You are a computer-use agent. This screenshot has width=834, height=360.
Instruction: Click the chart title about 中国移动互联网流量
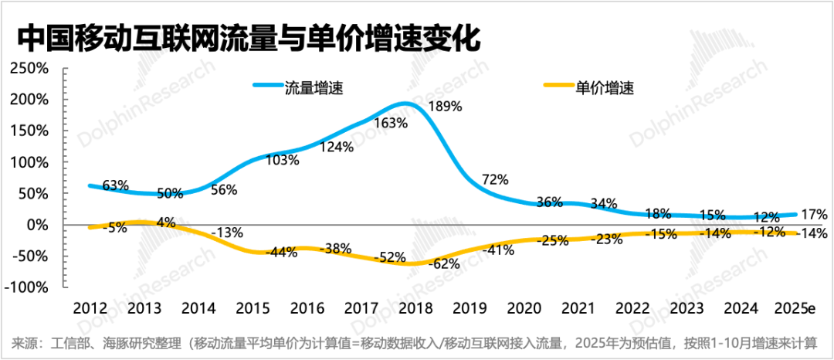click(247, 39)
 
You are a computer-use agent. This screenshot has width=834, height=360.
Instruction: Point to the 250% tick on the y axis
click(29, 69)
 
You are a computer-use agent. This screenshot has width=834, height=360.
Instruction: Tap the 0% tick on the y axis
click(36, 225)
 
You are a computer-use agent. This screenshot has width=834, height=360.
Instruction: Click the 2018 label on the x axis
click(415, 307)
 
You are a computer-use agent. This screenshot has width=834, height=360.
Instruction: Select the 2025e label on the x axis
click(795, 307)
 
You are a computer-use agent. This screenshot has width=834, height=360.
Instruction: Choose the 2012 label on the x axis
click(90, 307)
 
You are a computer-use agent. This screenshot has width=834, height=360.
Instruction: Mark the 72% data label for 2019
click(495, 179)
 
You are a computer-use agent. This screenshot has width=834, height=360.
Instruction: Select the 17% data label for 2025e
click(815, 214)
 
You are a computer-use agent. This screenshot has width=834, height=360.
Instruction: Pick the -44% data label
click(282, 252)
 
